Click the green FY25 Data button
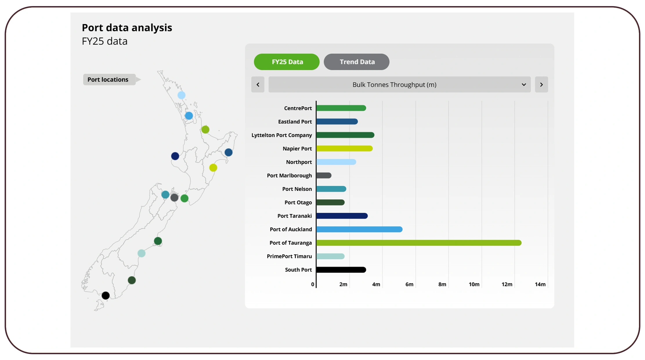pos(287,62)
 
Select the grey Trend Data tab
pos(357,62)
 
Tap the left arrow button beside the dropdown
pos(258,84)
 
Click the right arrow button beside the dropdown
pos(541,84)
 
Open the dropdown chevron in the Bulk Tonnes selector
pos(524,84)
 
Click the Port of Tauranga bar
pos(418,243)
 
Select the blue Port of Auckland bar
pos(359,229)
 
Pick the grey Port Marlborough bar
pos(324,175)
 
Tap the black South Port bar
pos(341,270)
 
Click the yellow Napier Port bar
pos(344,148)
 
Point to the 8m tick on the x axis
pos(442,284)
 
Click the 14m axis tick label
pos(540,284)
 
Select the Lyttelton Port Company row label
pos(281,135)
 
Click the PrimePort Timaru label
pos(289,256)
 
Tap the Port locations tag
pos(108,80)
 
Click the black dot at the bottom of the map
pos(106,296)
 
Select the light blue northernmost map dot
pos(181,95)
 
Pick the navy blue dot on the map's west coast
pos(175,156)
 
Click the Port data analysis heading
pos(127,28)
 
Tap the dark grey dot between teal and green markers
pos(174,198)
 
